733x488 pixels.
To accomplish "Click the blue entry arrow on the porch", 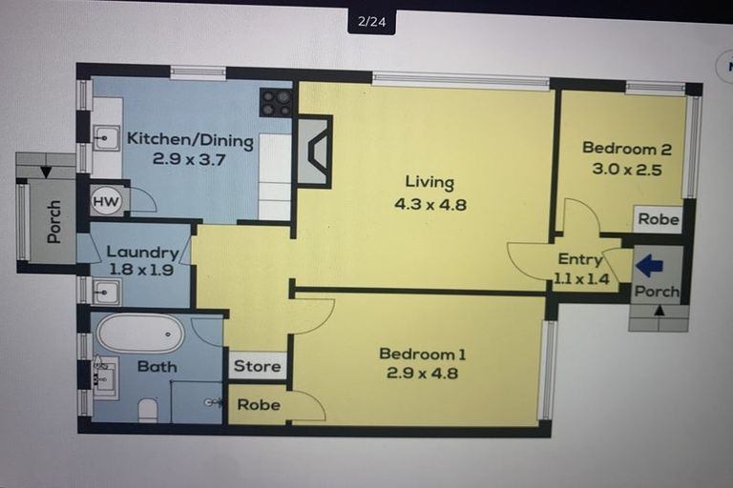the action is point(649,266).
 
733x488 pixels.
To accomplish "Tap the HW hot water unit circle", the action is point(106,201).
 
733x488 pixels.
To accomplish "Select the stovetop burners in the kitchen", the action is point(276,103).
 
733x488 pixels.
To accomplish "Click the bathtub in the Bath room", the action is point(140,334).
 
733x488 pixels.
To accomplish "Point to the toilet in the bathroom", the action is point(149,410).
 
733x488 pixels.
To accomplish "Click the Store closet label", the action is point(257,366).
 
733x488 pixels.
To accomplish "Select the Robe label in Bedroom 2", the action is point(659,219).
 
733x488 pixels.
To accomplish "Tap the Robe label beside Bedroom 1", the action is point(259,404).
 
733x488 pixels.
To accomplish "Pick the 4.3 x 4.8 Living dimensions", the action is point(430,204).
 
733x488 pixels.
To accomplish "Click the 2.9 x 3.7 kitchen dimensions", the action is point(189,160).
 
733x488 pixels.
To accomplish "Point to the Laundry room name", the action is point(142,253).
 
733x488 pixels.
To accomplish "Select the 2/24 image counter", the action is point(371,22).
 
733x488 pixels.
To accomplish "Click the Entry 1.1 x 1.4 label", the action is point(581,269).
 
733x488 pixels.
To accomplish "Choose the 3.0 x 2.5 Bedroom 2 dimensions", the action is point(627,169).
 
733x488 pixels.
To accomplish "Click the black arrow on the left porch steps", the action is point(46,173).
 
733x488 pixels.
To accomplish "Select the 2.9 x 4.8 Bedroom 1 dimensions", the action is point(422,373).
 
